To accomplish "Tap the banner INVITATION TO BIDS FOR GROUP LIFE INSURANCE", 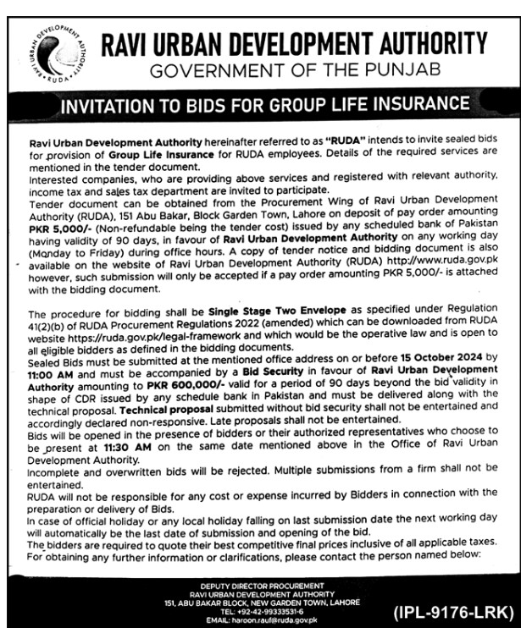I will point(261,106).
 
